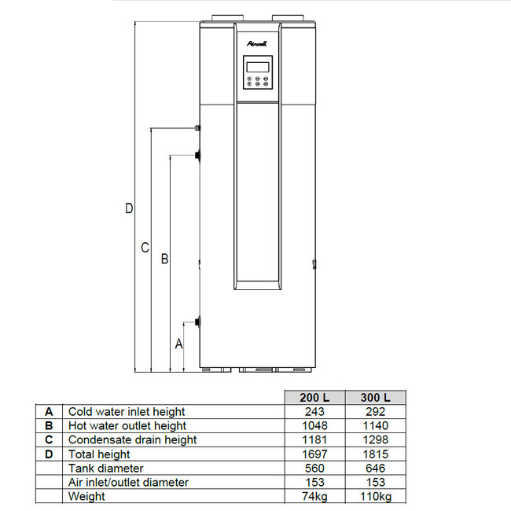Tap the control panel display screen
[256, 65]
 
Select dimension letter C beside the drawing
[145, 248]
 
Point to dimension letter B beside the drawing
[164, 259]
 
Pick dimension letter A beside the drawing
[178, 344]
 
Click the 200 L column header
[313, 397]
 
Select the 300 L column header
[375, 397]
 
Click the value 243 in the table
[313, 411]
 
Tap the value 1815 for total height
[375, 454]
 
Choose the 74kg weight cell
[313, 496]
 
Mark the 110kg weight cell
[375, 496]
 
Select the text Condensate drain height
[132, 439]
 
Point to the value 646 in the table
[375, 468]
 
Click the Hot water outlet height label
[127, 425]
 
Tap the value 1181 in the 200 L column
[313, 439]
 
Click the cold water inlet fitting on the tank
[197, 322]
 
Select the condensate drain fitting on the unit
[197, 127]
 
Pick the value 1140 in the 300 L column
[375, 425]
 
